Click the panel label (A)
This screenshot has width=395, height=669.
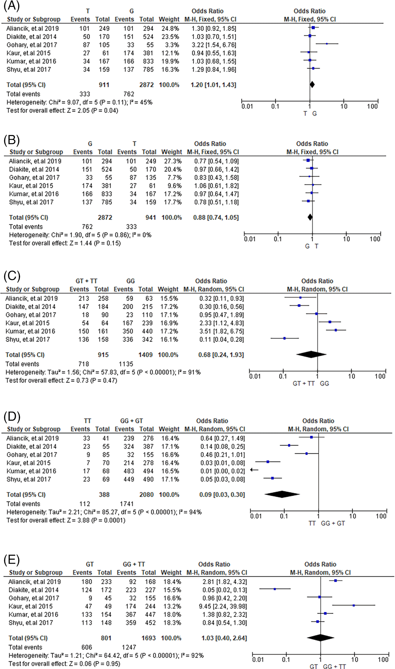(12, 6)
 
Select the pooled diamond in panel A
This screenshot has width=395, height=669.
(312, 84)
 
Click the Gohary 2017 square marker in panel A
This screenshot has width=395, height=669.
(327, 44)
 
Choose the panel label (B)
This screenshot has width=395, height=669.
(12, 140)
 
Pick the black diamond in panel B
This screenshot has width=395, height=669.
(310, 217)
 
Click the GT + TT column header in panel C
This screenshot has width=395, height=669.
(86, 281)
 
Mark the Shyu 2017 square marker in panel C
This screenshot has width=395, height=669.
(284, 338)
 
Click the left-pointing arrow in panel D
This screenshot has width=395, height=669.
(254, 470)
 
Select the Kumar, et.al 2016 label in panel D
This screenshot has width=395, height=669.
(31, 471)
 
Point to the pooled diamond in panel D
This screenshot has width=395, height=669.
(282, 494)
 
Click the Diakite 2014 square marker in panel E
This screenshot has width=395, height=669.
(275, 589)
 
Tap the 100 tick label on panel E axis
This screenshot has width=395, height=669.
(383, 660)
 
